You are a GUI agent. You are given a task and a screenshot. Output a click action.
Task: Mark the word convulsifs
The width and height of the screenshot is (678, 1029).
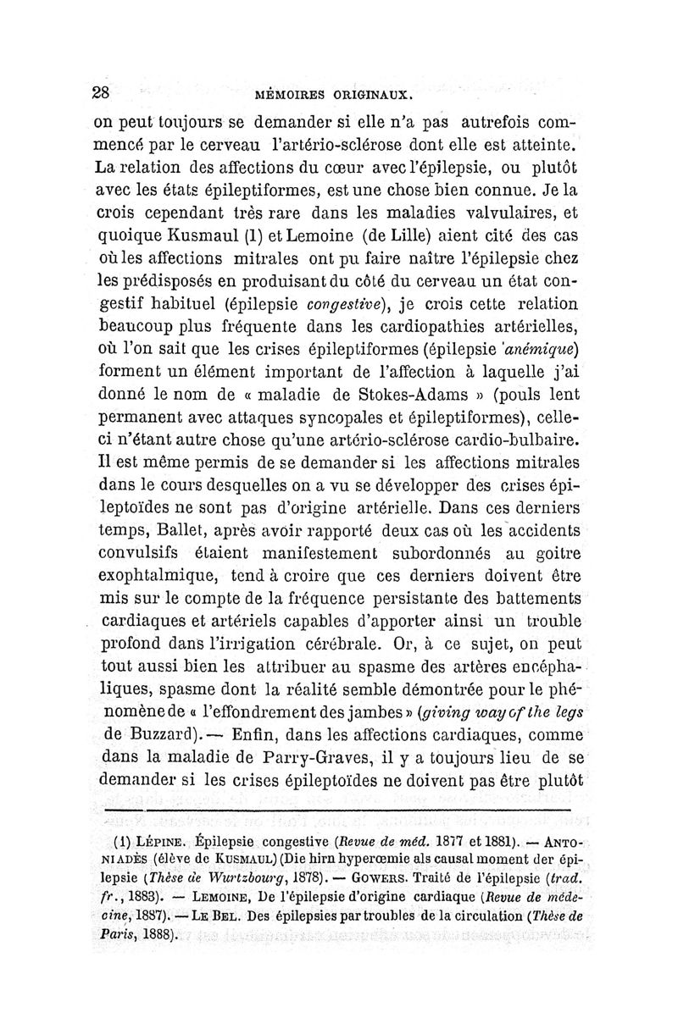tap(149, 553)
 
